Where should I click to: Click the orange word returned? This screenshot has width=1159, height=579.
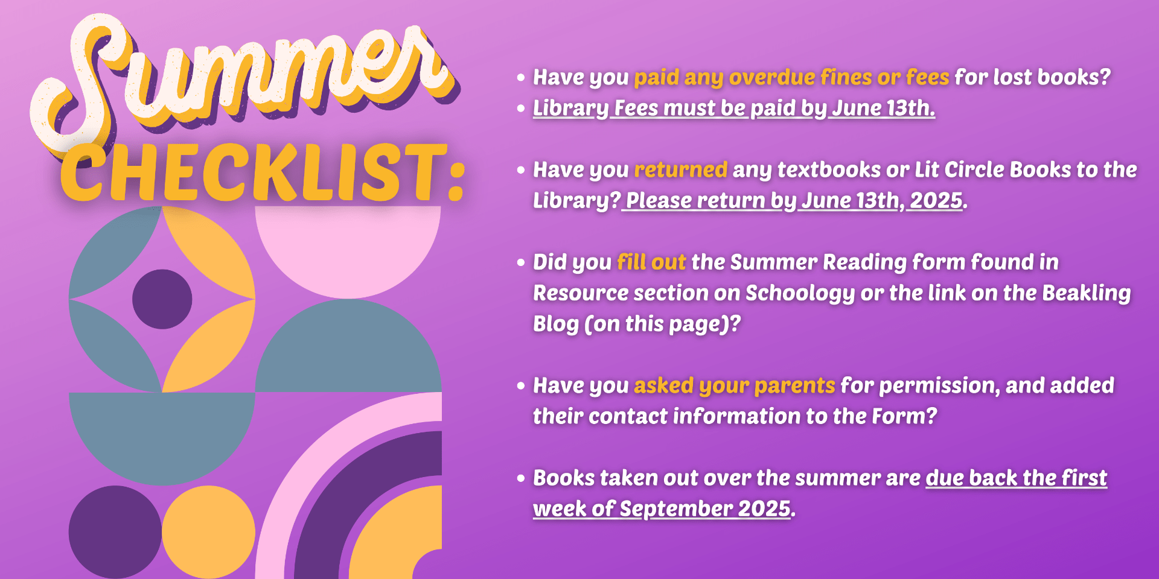tap(680, 170)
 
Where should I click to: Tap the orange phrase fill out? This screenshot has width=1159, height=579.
tap(651, 262)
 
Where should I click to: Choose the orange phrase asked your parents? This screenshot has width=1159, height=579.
tap(734, 386)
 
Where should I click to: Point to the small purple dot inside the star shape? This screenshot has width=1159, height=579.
tap(162, 299)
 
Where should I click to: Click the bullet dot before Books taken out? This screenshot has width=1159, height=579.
tap(521, 479)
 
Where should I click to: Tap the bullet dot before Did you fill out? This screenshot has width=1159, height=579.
tap(521, 263)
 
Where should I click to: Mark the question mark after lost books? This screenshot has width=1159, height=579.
tap(1105, 77)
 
